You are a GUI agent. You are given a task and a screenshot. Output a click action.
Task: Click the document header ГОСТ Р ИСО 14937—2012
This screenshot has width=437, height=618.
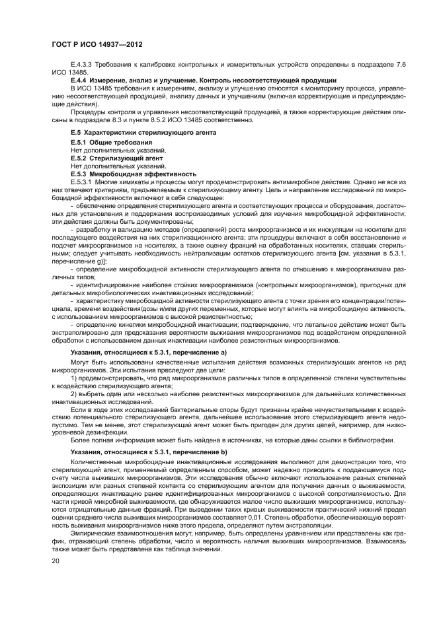tap(97, 44)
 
